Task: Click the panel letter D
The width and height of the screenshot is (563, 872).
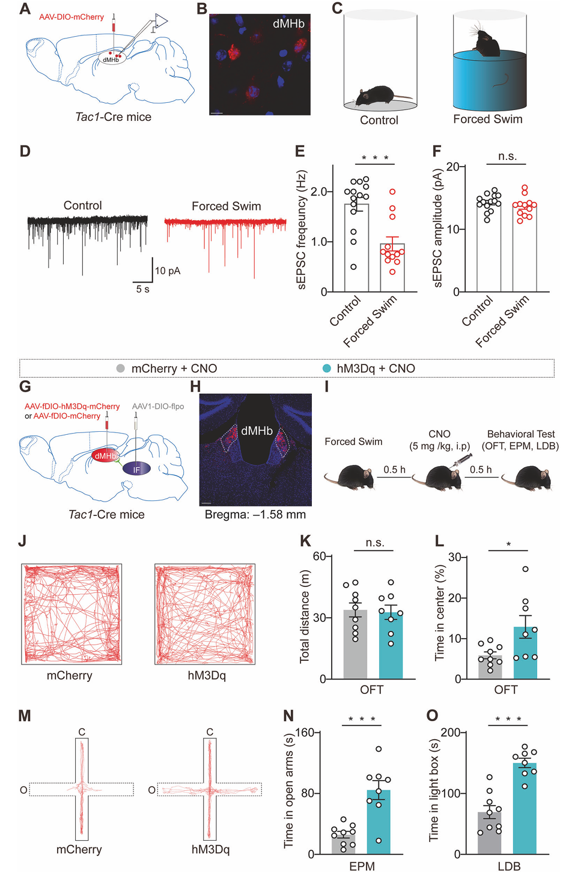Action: [25, 150]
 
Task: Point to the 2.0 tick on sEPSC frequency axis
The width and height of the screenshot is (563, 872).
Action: [318, 192]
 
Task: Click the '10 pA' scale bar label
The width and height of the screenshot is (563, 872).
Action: [168, 271]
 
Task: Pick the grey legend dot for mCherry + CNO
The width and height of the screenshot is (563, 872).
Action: [121, 368]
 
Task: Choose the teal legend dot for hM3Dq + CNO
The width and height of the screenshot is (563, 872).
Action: [326, 368]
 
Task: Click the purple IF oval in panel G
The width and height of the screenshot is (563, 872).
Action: [136, 469]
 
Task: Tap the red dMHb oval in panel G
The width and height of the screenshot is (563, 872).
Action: [105, 456]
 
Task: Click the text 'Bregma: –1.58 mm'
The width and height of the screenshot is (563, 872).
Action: [255, 515]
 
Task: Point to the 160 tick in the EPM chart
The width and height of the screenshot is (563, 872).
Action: [305, 733]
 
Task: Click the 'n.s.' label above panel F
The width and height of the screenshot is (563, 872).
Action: [507, 156]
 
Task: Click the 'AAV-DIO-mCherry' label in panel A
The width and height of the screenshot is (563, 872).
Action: [72, 17]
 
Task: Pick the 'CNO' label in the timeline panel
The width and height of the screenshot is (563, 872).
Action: [439, 434]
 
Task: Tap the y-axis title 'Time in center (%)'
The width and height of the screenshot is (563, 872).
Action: [440, 612]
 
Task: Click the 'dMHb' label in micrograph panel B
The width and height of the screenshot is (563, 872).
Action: [288, 23]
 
